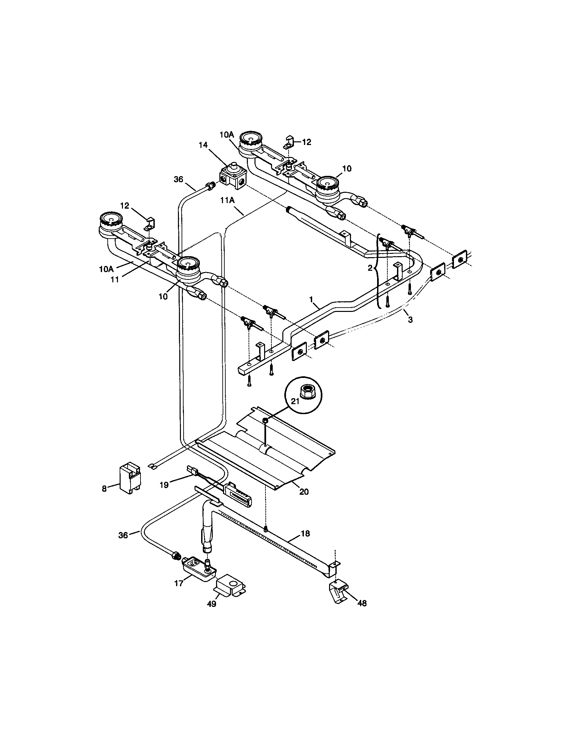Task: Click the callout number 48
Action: coord(362,603)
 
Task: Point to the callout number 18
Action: coord(305,534)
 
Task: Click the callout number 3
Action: coord(410,320)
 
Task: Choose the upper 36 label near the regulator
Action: coord(179,180)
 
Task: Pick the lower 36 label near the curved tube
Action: coord(123,535)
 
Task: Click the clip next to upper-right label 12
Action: coord(289,141)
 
